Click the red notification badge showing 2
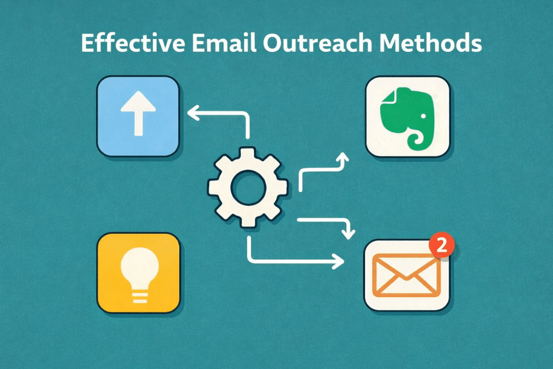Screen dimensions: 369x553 point(441,246)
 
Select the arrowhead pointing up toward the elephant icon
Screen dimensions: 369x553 point(341,157)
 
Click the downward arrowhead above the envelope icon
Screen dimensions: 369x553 point(349,232)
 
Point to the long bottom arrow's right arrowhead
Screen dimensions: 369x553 point(339,261)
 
